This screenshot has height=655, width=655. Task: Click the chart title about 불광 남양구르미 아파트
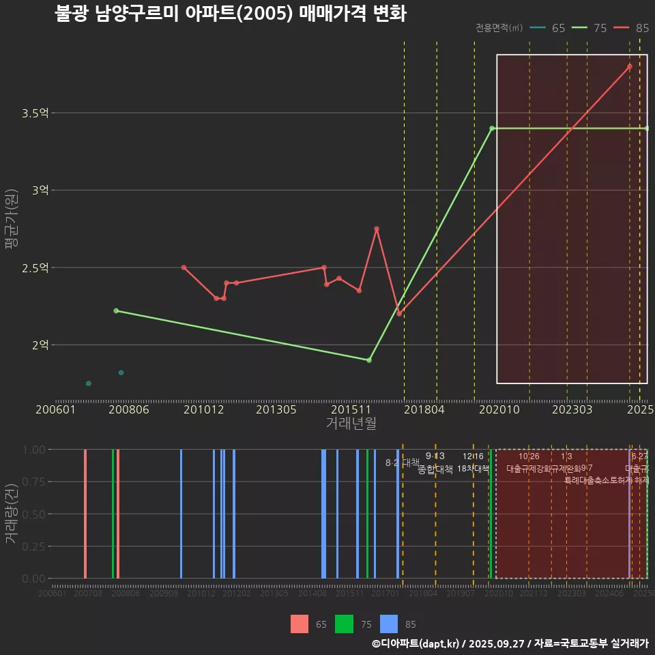(231, 14)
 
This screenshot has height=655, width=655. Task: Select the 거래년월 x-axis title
(351, 424)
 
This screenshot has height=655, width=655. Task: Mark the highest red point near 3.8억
(630, 67)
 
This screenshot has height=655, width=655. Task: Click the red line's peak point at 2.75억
(377, 229)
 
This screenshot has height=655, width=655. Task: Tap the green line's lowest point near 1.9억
(369, 360)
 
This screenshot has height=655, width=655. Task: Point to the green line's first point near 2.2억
(116, 310)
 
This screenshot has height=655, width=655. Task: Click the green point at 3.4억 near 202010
(491, 128)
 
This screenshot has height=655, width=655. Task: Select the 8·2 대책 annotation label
(402, 463)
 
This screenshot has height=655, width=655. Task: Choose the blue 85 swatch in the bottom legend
(389, 624)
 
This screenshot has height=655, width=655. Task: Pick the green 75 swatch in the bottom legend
(345, 624)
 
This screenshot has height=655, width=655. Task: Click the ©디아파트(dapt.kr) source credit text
(417, 643)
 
